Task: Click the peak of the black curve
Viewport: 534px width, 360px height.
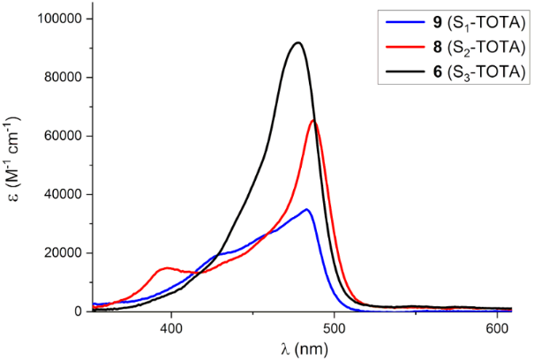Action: click(298, 42)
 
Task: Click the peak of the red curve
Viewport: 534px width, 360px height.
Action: click(313, 121)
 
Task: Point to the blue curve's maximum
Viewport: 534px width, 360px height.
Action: click(306, 209)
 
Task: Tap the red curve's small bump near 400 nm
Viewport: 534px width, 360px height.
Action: click(167, 267)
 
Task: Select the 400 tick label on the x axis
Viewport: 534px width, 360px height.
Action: click(171, 326)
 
